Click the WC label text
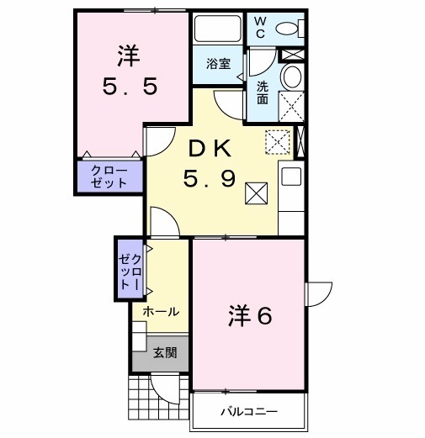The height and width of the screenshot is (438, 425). point(260,28)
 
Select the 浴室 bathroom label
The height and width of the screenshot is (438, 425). point(218,64)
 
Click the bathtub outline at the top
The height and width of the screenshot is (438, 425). point(218,30)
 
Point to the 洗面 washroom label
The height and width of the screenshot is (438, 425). point(263,92)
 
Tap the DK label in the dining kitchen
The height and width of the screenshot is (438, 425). point(210,149)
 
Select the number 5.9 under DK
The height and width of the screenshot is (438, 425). point(210,178)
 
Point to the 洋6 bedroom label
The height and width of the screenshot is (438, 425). point(250,316)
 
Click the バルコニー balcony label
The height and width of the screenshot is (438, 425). point(248,412)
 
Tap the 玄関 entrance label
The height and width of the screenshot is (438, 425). point(165,353)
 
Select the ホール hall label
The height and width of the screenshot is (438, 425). point(160,312)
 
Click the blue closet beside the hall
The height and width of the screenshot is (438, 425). point(127,270)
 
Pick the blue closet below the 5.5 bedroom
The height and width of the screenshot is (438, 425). point(109,177)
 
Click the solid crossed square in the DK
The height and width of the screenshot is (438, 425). point(255,193)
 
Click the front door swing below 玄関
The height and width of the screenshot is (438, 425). point(166,388)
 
